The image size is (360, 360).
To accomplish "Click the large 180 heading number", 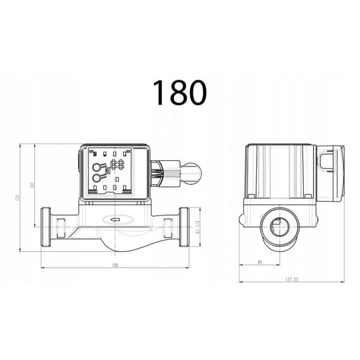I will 179,92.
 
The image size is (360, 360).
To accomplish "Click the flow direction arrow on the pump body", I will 113,220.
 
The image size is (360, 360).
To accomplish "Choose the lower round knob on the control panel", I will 96,177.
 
